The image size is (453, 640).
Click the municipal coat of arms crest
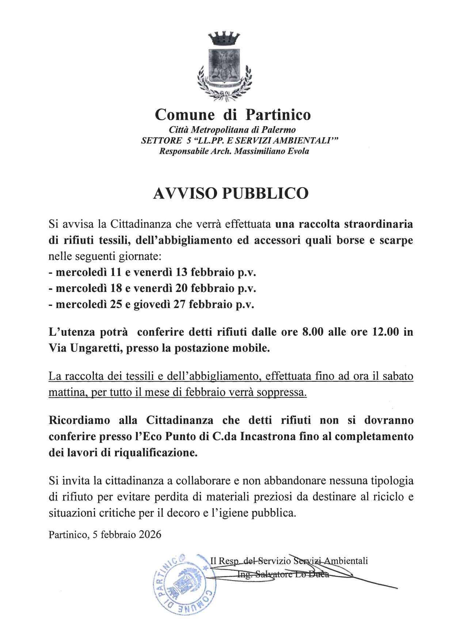[224, 66]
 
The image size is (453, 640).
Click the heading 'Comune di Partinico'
[233, 115]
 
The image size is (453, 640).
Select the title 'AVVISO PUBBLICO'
[231, 193]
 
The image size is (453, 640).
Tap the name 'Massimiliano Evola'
[271, 151]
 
